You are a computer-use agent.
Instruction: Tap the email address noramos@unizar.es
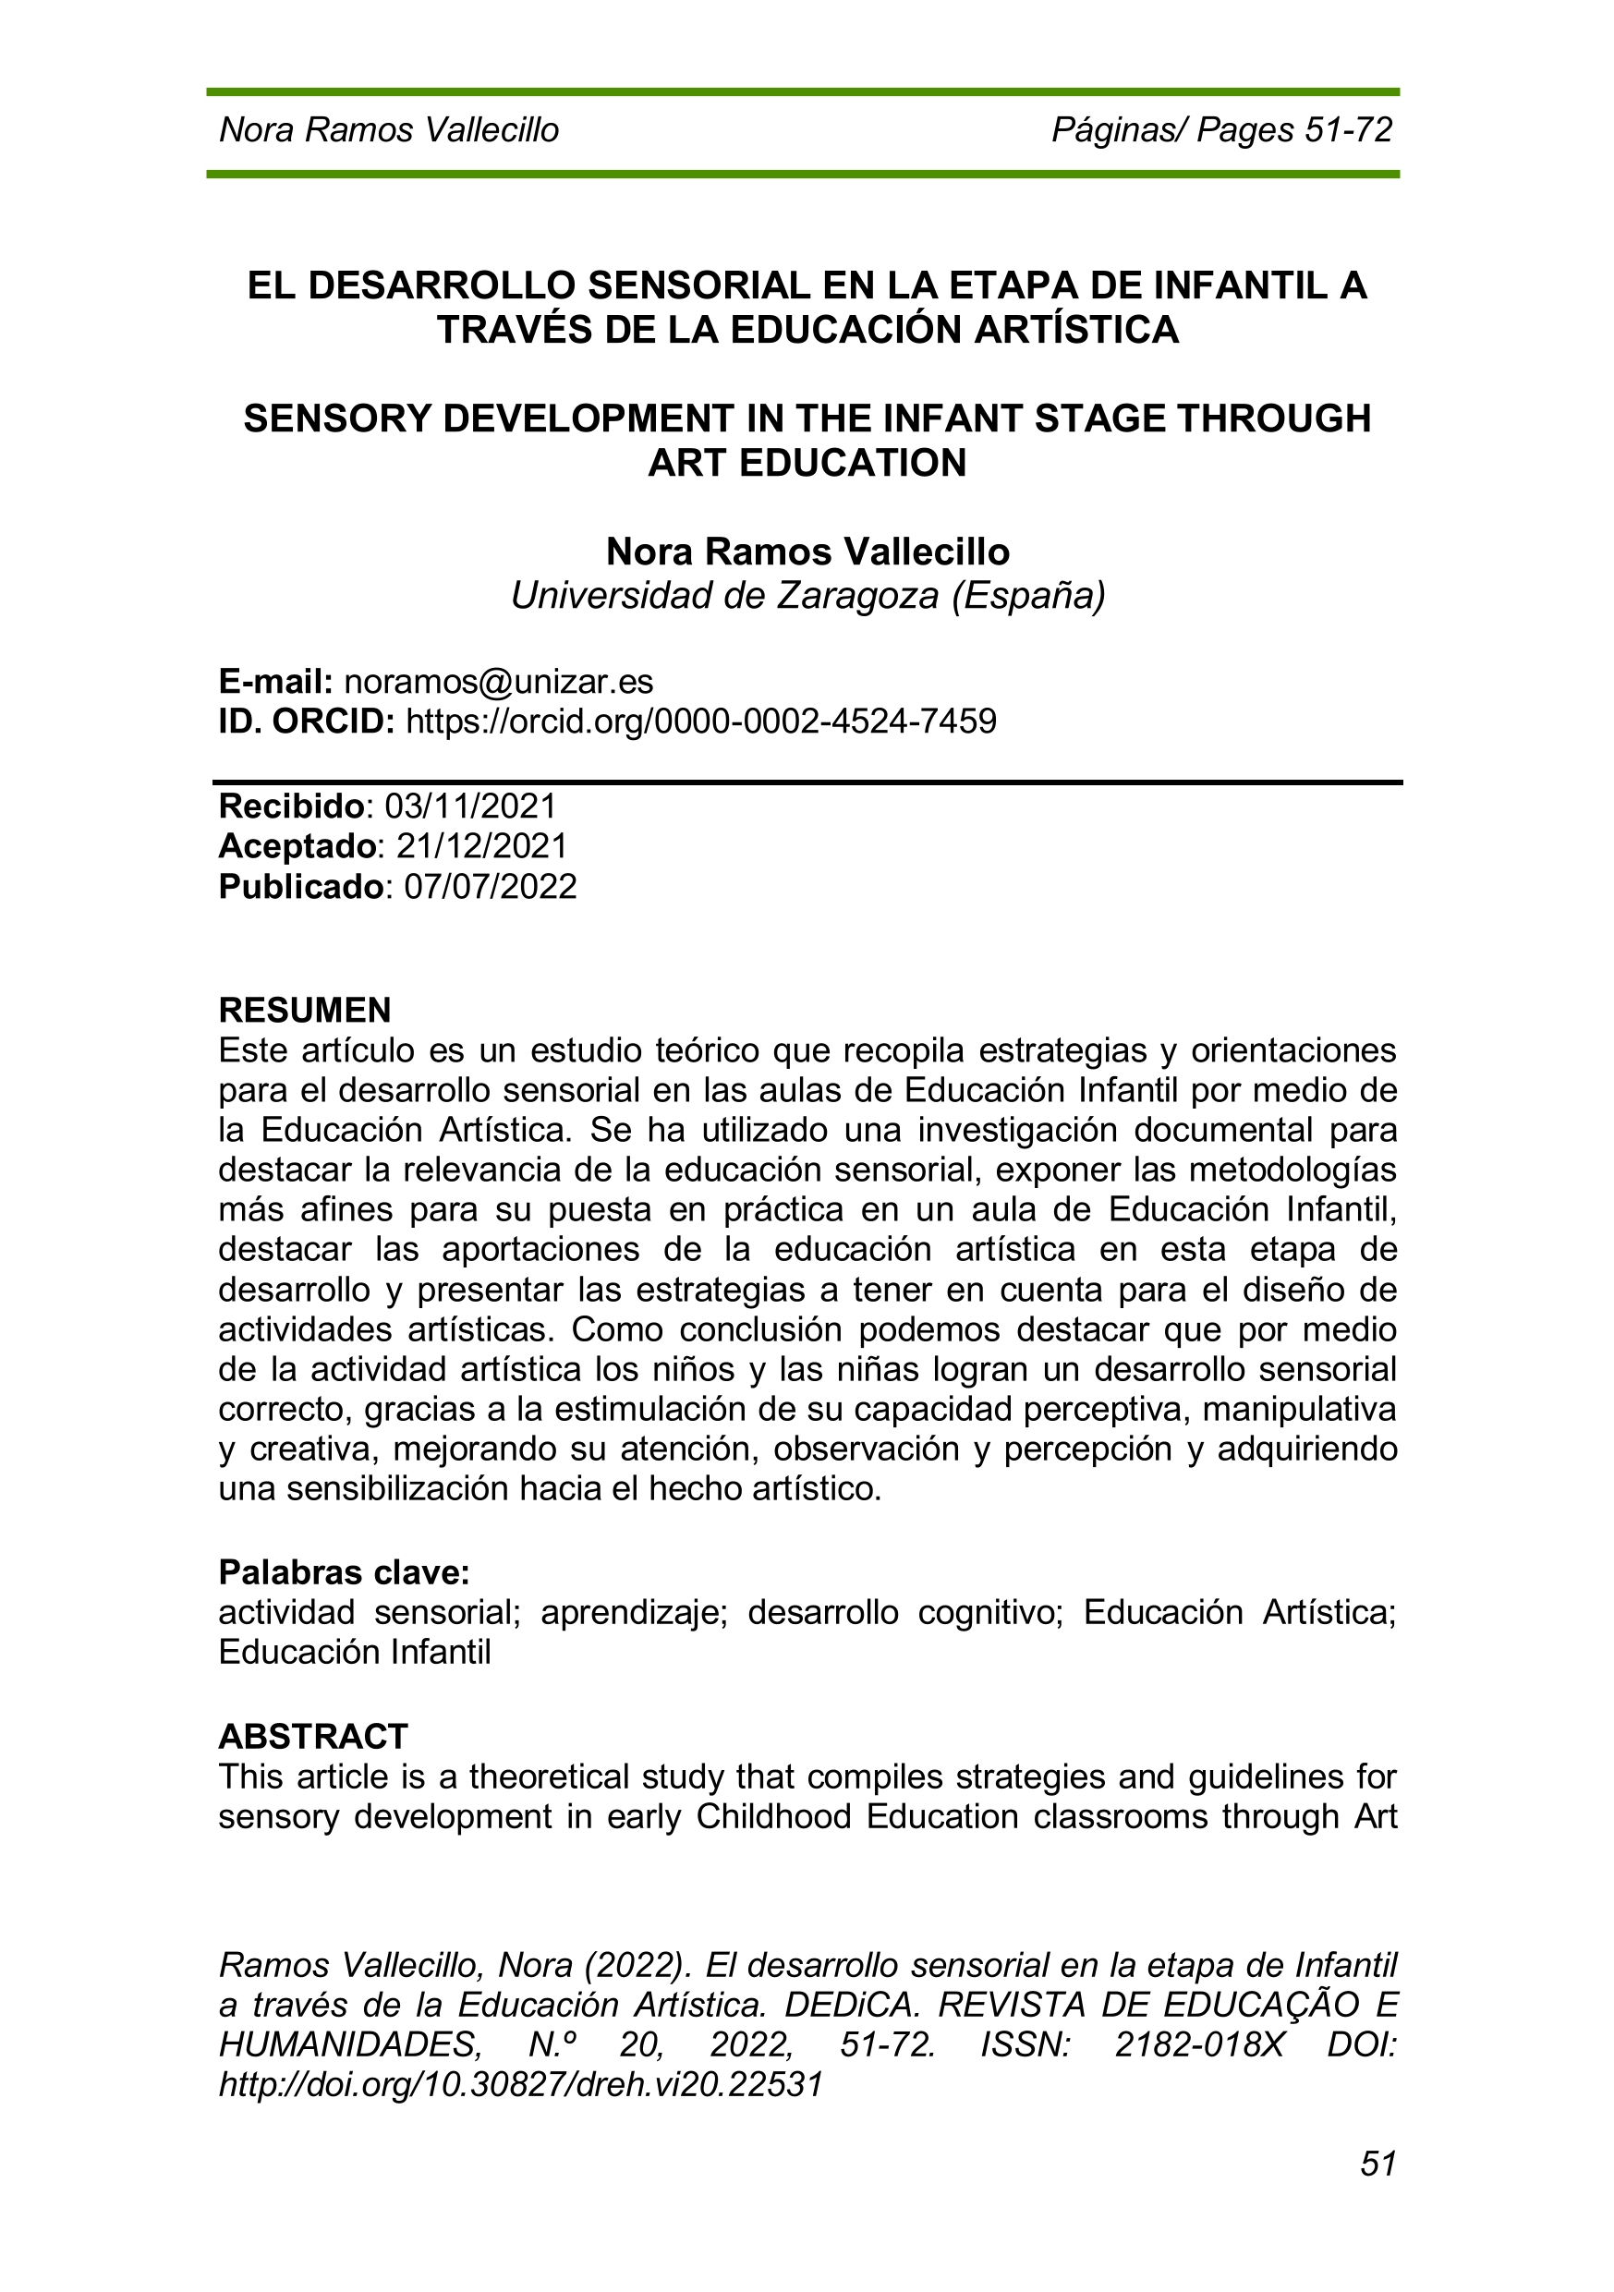click(x=498, y=682)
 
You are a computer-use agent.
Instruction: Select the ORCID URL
click(x=700, y=721)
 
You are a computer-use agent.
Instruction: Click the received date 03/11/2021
click(x=470, y=806)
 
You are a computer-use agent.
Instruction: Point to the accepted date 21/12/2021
click(x=481, y=846)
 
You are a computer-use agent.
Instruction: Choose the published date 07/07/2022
click(x=490, y=887)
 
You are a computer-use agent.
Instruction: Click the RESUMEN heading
click(x=305, y=1011)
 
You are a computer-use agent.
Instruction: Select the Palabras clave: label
click(x=344, y=1572)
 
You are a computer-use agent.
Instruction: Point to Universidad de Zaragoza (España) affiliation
click(x=807, y=596)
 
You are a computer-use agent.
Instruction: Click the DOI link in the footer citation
click(x=520, y=2084)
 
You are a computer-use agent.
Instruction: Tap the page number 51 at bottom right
click(x=1377, y=2164)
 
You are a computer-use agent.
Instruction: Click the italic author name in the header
click(x=388, y=129)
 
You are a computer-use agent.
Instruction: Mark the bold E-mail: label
click(x=275, y=682)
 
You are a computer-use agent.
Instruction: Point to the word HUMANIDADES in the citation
click(x=350, y=2045)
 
